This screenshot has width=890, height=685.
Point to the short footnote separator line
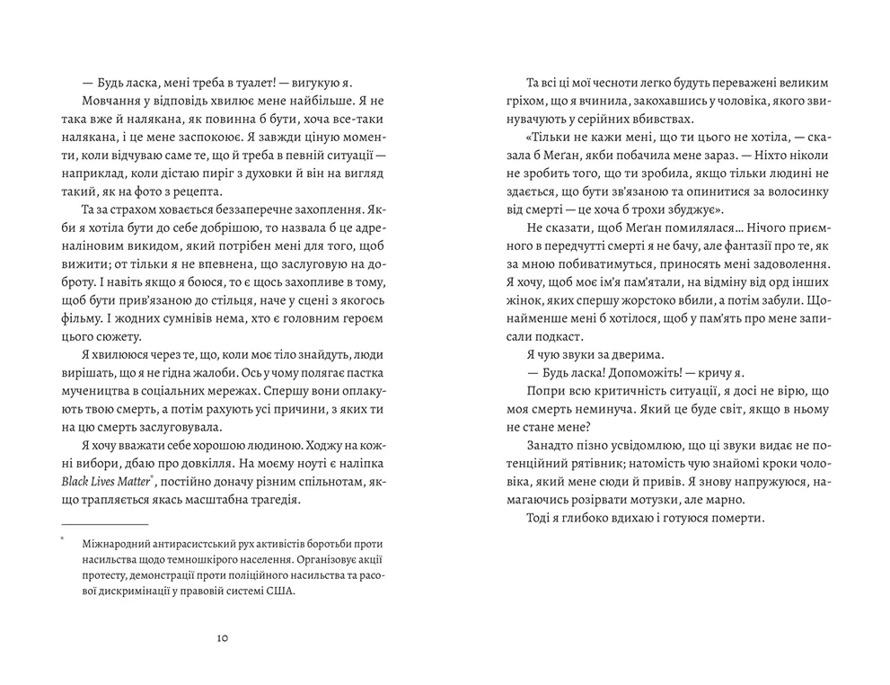(104, 525)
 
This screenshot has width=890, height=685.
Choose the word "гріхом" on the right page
(530, 102)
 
